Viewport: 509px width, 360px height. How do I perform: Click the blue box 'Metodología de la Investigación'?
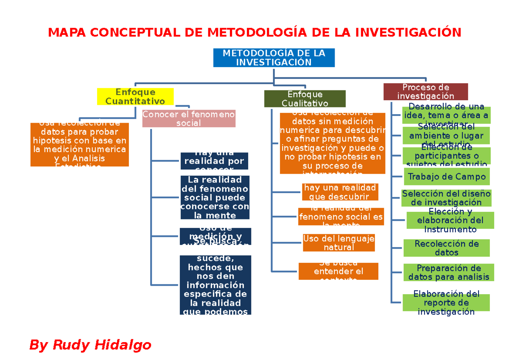(274, 58)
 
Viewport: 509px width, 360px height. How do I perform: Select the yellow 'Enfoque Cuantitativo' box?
(135, 97)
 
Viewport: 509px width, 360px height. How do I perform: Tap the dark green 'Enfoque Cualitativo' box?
(305, 99)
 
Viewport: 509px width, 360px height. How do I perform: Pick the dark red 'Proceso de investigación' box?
(425, 92)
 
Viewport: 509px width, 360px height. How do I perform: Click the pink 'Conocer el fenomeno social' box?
(188, 119)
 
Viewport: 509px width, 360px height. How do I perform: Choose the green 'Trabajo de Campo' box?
(447, 177)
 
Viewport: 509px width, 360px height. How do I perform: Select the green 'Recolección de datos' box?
(447, 248)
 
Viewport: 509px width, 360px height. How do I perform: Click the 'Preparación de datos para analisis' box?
(449, 273)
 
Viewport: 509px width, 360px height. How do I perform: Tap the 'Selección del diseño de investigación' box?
(447, 198)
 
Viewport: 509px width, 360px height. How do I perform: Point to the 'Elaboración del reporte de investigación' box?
(446, 303)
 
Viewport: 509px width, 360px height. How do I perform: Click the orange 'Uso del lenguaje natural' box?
(338, 243)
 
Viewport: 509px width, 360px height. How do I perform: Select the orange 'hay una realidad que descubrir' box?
(339, 192)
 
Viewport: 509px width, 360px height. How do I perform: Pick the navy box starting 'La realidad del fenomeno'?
(215, 197)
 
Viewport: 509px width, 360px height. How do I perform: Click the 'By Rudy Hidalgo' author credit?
(90, 345)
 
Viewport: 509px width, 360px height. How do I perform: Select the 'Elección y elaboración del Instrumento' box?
(450, 220)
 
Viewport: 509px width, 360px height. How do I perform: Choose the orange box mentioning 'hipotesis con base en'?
(80, 145)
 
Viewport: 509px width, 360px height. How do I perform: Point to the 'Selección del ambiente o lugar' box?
(446, 135)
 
